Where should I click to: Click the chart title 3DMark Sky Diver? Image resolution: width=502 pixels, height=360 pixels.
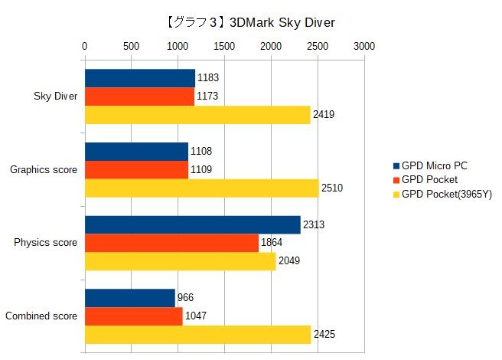tap(250, 23)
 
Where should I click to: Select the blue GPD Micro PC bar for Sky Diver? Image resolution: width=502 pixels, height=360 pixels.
tap(139, 78)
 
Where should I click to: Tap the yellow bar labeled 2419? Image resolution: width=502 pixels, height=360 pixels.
tap(197, 115)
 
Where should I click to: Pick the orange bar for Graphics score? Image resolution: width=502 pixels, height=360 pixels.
tap(136, 169)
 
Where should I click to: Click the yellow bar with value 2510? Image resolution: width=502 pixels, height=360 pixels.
tap(201, 188)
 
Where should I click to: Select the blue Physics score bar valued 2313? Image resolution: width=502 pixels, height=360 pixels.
tap(192, 224)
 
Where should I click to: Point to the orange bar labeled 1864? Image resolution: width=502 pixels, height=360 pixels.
tap(171, 243)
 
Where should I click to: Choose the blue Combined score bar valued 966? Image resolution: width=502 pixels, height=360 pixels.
tap(129, 298)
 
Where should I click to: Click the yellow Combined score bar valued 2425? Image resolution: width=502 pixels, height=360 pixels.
tap(197, 335)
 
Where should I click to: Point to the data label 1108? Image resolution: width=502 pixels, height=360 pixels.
tap(200, 152)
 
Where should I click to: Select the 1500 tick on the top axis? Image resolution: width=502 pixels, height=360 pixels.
tap(224, 46)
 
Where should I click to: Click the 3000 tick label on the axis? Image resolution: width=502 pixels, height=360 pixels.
tap(364, 46)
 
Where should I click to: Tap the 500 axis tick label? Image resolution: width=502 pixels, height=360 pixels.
tap(131, 46)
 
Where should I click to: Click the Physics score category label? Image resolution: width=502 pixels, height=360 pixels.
tap(46, 243)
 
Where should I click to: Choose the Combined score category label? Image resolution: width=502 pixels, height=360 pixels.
tap(41, 316)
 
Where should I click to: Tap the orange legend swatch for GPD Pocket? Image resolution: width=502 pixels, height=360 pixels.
tap(396, 180)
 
